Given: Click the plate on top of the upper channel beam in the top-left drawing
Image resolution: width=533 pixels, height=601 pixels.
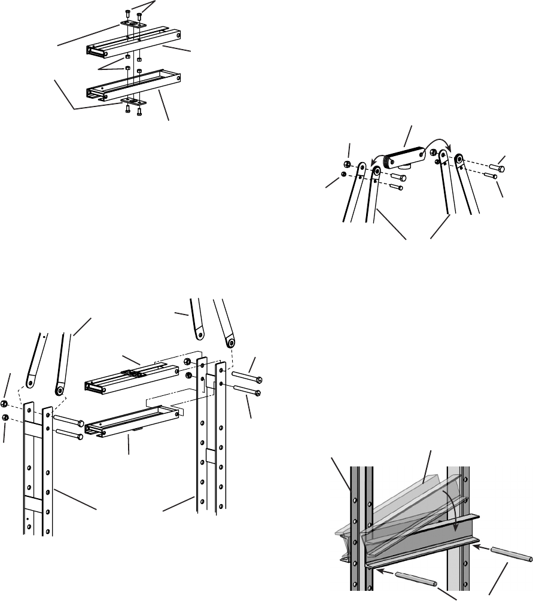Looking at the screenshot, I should click(x=132, y=23).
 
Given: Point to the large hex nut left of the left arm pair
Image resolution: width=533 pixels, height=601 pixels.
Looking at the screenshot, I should click(x=348, y=164).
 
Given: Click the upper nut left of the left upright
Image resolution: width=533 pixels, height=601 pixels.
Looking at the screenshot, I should click(x=5, y=403).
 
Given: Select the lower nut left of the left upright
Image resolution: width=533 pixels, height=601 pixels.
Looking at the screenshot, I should click(x=5, y=417).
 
